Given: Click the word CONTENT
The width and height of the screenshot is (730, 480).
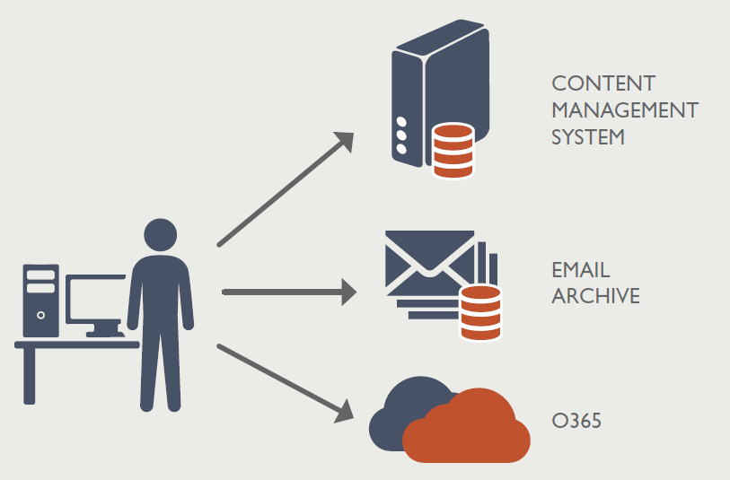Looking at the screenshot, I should [x=603, y=83].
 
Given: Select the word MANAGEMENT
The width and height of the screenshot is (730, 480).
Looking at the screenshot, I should [x=624, y=111].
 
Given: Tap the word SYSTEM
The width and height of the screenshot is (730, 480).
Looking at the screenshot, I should [x=587, y=138].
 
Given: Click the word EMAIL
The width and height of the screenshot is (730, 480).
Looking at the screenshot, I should [x=581, y=269].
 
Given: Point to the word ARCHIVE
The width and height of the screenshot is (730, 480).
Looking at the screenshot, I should [x=595, y=296].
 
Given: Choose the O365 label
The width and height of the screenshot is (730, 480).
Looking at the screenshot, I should [x=576, y=419].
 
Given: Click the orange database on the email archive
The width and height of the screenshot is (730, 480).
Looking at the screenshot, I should [x=479, y=312].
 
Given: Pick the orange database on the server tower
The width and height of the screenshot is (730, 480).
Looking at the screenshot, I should [x=453, y=150].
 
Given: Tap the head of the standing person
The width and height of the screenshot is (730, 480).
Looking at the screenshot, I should [x=160, y=234].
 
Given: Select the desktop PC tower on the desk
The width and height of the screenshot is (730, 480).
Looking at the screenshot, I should [x=40, y=301].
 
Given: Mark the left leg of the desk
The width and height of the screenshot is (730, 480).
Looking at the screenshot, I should [x=29, y=376].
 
